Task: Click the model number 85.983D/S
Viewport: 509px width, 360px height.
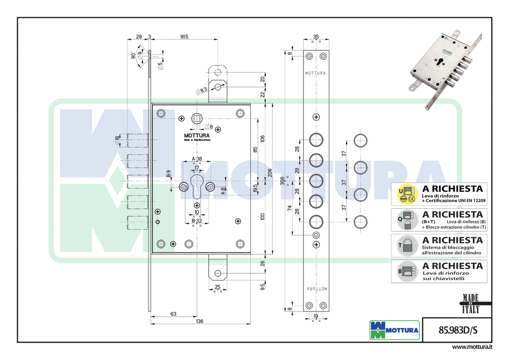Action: pyautogui.click(x=451, y=330)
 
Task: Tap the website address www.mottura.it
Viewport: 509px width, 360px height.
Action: pyautogui.click(x=472, y=347)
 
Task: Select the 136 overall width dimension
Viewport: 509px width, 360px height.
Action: pyautogui.click(x=199, y=321)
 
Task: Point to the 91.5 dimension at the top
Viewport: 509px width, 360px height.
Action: pyautogui.click(x=184, y=37)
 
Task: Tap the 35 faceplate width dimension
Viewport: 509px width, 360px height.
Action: pyautogui.click(x=316, y=36)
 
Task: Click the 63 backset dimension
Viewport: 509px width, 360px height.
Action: pyautogui.click(x=173, y=313)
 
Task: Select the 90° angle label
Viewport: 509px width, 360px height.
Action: pyautogui.click(x=133, y=55)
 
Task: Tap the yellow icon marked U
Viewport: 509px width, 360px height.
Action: pyautogui.click(x=406, y=194)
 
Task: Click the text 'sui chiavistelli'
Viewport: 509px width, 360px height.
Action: pyautogui.click(x=443, y=278)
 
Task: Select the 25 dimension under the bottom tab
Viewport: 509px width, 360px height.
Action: pyautogui.click(x=217, y=287)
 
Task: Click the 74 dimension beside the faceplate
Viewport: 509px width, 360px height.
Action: pyautogui.click(x=290, y=208)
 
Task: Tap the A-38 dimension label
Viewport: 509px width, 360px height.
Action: pyautogui.click(x=197, y=159)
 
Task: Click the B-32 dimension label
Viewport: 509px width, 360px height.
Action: pyautogui.click(x=197, y=221)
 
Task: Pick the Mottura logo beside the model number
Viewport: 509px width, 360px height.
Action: pyautogui.click(x=394, y=330)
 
